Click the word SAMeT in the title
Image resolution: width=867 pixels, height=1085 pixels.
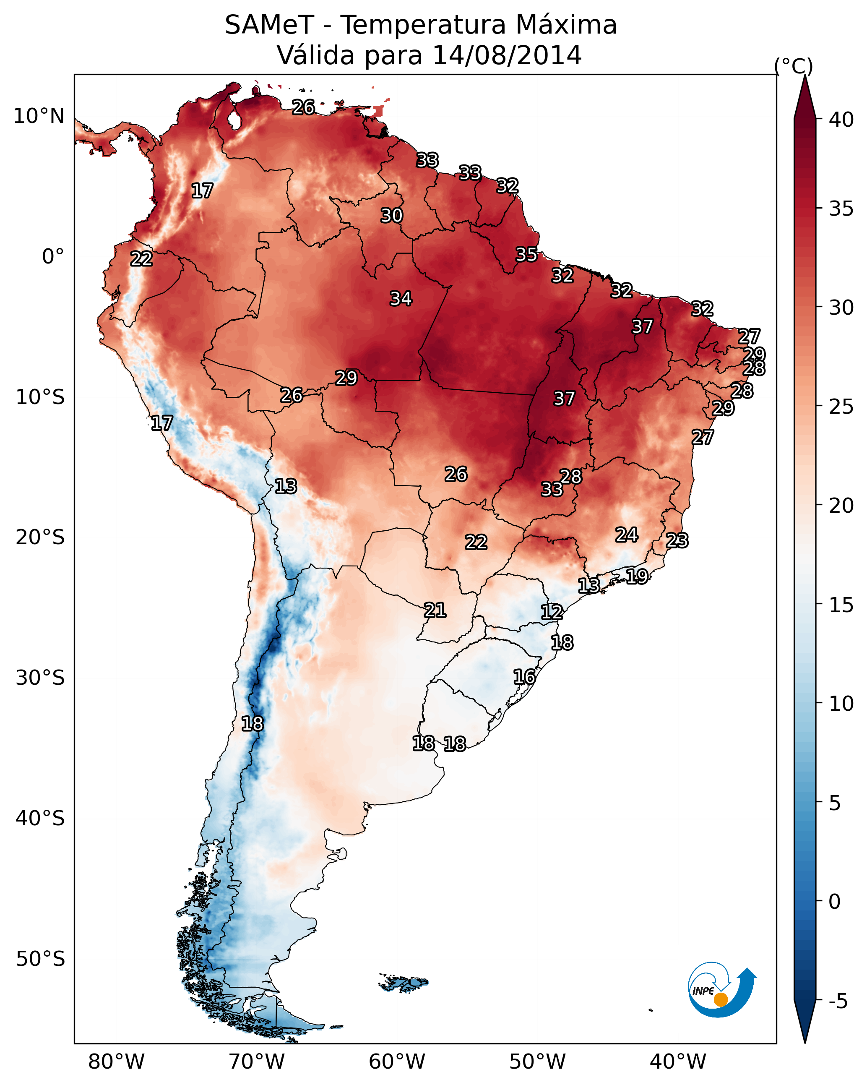(269, 25)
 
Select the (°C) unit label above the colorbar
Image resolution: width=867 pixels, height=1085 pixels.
(793, 66)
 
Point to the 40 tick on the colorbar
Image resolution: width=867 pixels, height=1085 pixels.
(841, 120)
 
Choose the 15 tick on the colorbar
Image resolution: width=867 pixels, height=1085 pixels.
(841, 605)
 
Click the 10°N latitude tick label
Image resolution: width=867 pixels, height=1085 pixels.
(39, 116)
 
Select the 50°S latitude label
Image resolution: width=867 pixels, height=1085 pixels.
(40, 959)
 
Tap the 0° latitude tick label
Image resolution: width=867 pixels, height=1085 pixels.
(53, 257)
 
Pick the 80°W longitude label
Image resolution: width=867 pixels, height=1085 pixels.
(116, 1062)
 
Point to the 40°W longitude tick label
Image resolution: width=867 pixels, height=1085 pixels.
(678, 1062)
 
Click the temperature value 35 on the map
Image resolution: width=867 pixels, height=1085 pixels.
(526, 255)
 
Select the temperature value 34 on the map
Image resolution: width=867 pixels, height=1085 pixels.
(401, 299)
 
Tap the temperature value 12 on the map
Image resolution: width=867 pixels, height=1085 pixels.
(552, 612)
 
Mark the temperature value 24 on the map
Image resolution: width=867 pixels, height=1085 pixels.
(627, 535)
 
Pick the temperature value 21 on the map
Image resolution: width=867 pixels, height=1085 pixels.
(435, 610)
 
